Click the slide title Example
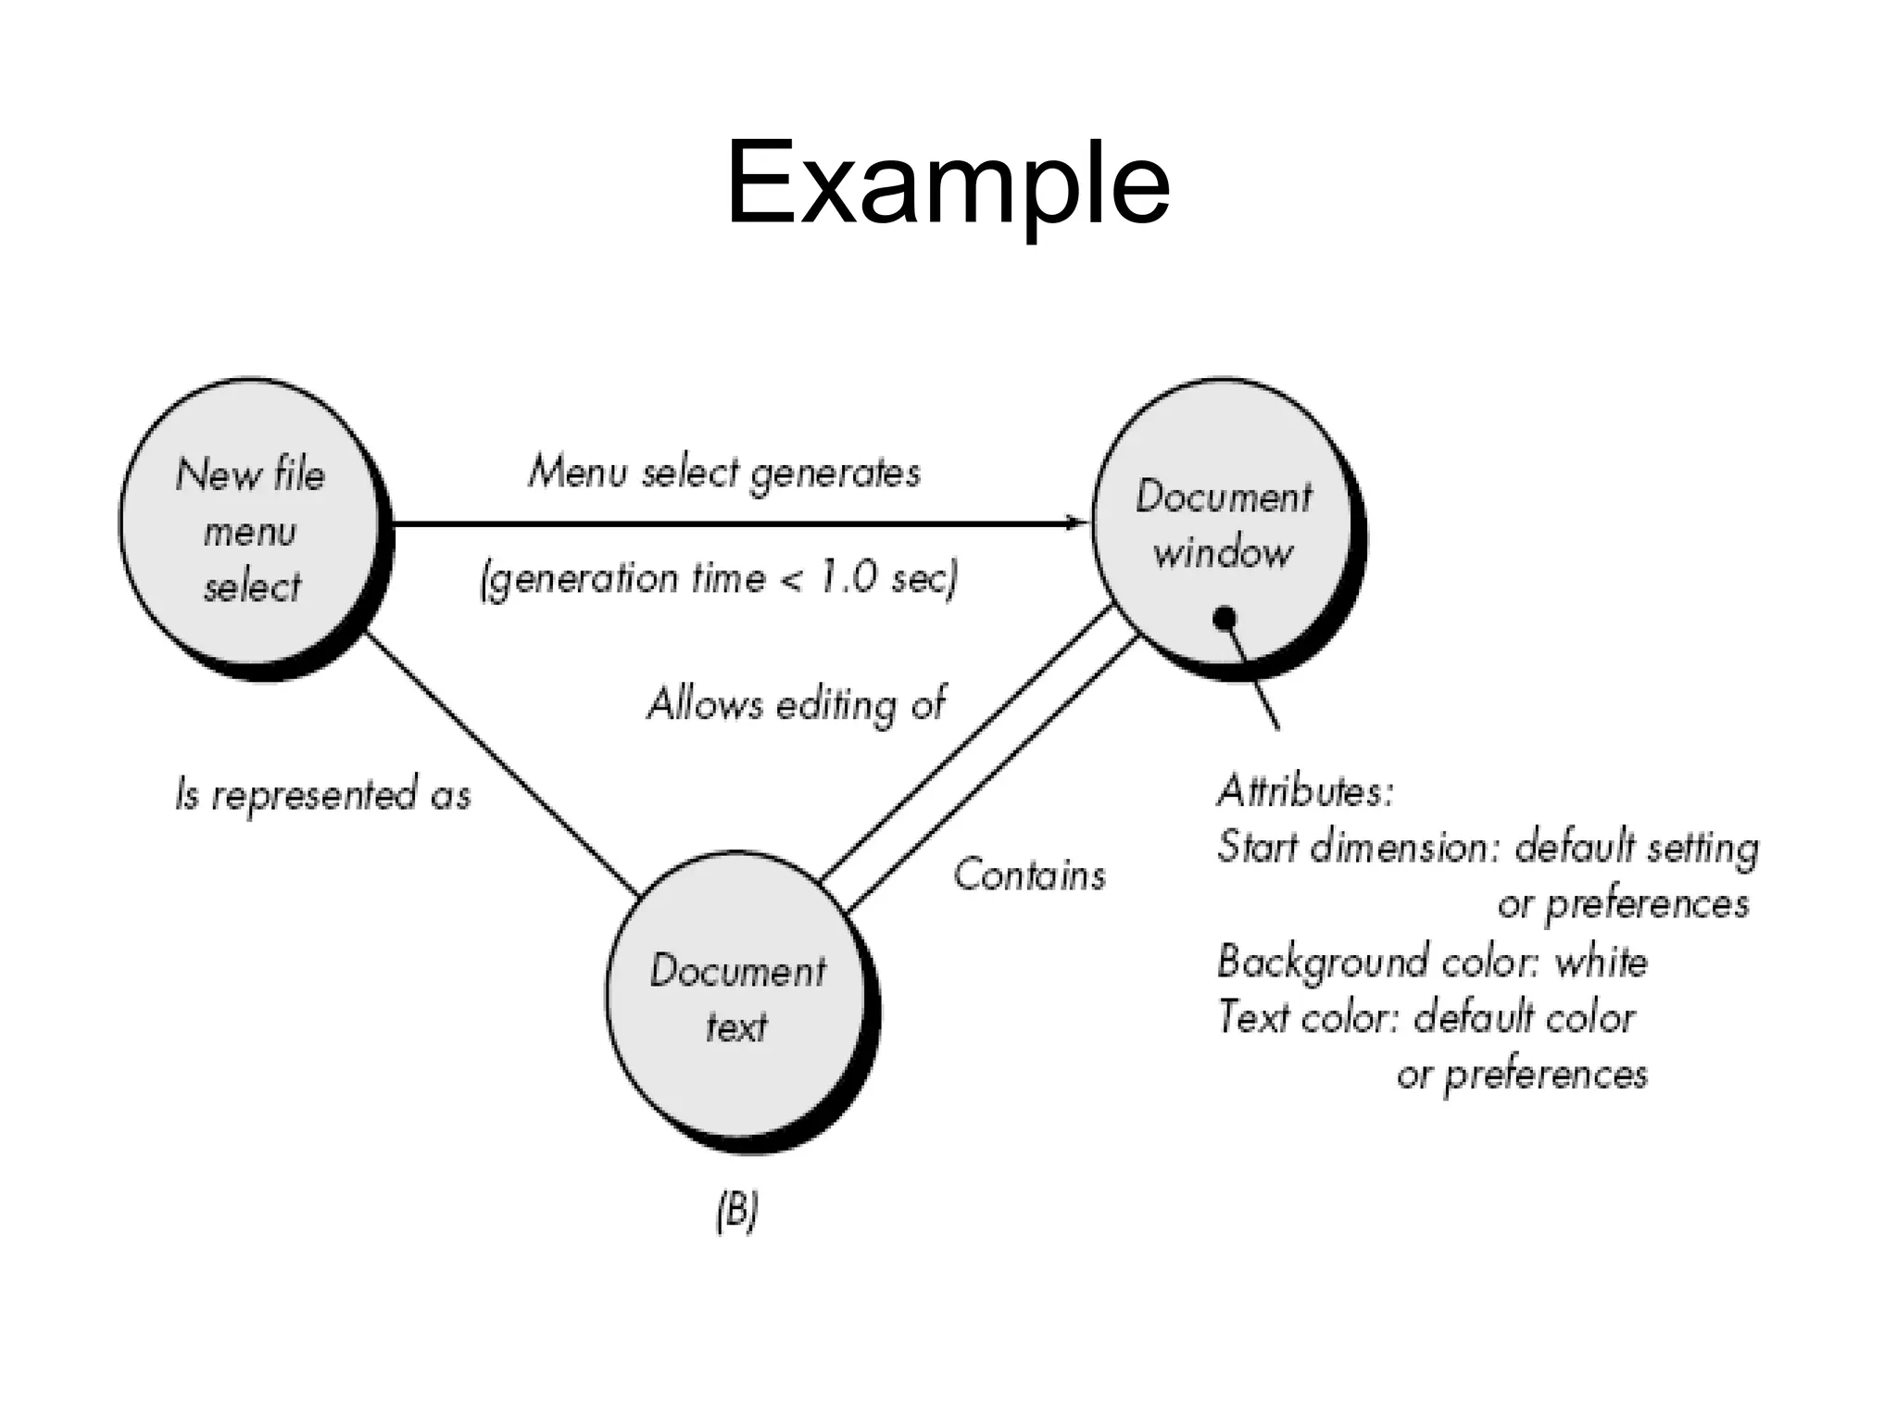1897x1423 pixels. (947, 183)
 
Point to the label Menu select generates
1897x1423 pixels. (723, 472)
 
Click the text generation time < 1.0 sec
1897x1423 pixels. (718, 579)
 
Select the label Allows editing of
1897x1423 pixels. (796, 705)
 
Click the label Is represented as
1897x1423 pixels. (322, 795)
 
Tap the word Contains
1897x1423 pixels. (1029, 875)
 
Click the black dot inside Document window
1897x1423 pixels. (1225, 617)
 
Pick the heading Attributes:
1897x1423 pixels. (1304, 791)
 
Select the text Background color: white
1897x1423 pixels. (1432, 962)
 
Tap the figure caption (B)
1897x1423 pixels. (737, 1212)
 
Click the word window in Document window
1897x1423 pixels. (1222, 554)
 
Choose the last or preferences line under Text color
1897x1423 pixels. (1522, 1075)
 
